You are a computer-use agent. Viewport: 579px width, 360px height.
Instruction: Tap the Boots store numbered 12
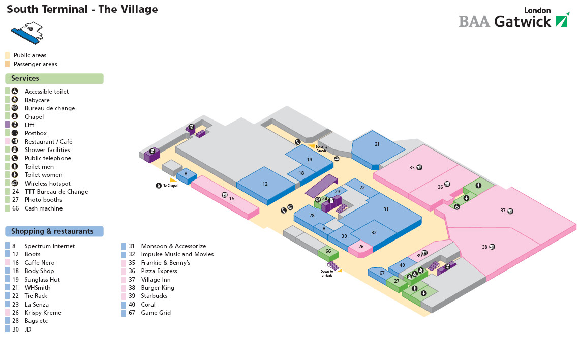tap(265, 184)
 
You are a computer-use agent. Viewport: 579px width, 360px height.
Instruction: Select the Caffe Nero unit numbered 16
tap(232, 198)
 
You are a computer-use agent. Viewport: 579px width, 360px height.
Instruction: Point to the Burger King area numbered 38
tap(485, 247)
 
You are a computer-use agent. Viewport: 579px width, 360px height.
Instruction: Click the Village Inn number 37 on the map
tap(503, 211)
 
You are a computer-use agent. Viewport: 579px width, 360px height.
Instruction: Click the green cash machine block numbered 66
tap(328, 251)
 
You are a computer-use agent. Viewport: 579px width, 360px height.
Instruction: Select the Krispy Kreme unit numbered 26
tap(361, 247)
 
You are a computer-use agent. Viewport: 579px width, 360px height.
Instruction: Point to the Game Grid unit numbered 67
tap(382, 273)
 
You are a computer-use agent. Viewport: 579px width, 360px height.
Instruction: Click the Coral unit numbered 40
tap(402, 265)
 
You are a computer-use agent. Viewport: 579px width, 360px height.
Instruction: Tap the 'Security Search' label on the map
tap(321, 149)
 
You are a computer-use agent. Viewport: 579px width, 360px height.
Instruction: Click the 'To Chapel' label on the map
tap(170, 186)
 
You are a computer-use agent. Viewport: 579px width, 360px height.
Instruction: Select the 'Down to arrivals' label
tap(327, 273)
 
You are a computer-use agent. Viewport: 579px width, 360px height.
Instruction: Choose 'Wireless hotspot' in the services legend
tap(48, 184)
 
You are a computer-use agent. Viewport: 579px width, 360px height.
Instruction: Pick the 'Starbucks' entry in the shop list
tap(154, 296)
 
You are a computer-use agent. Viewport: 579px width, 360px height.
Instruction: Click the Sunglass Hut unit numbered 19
tap(309, 160)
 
